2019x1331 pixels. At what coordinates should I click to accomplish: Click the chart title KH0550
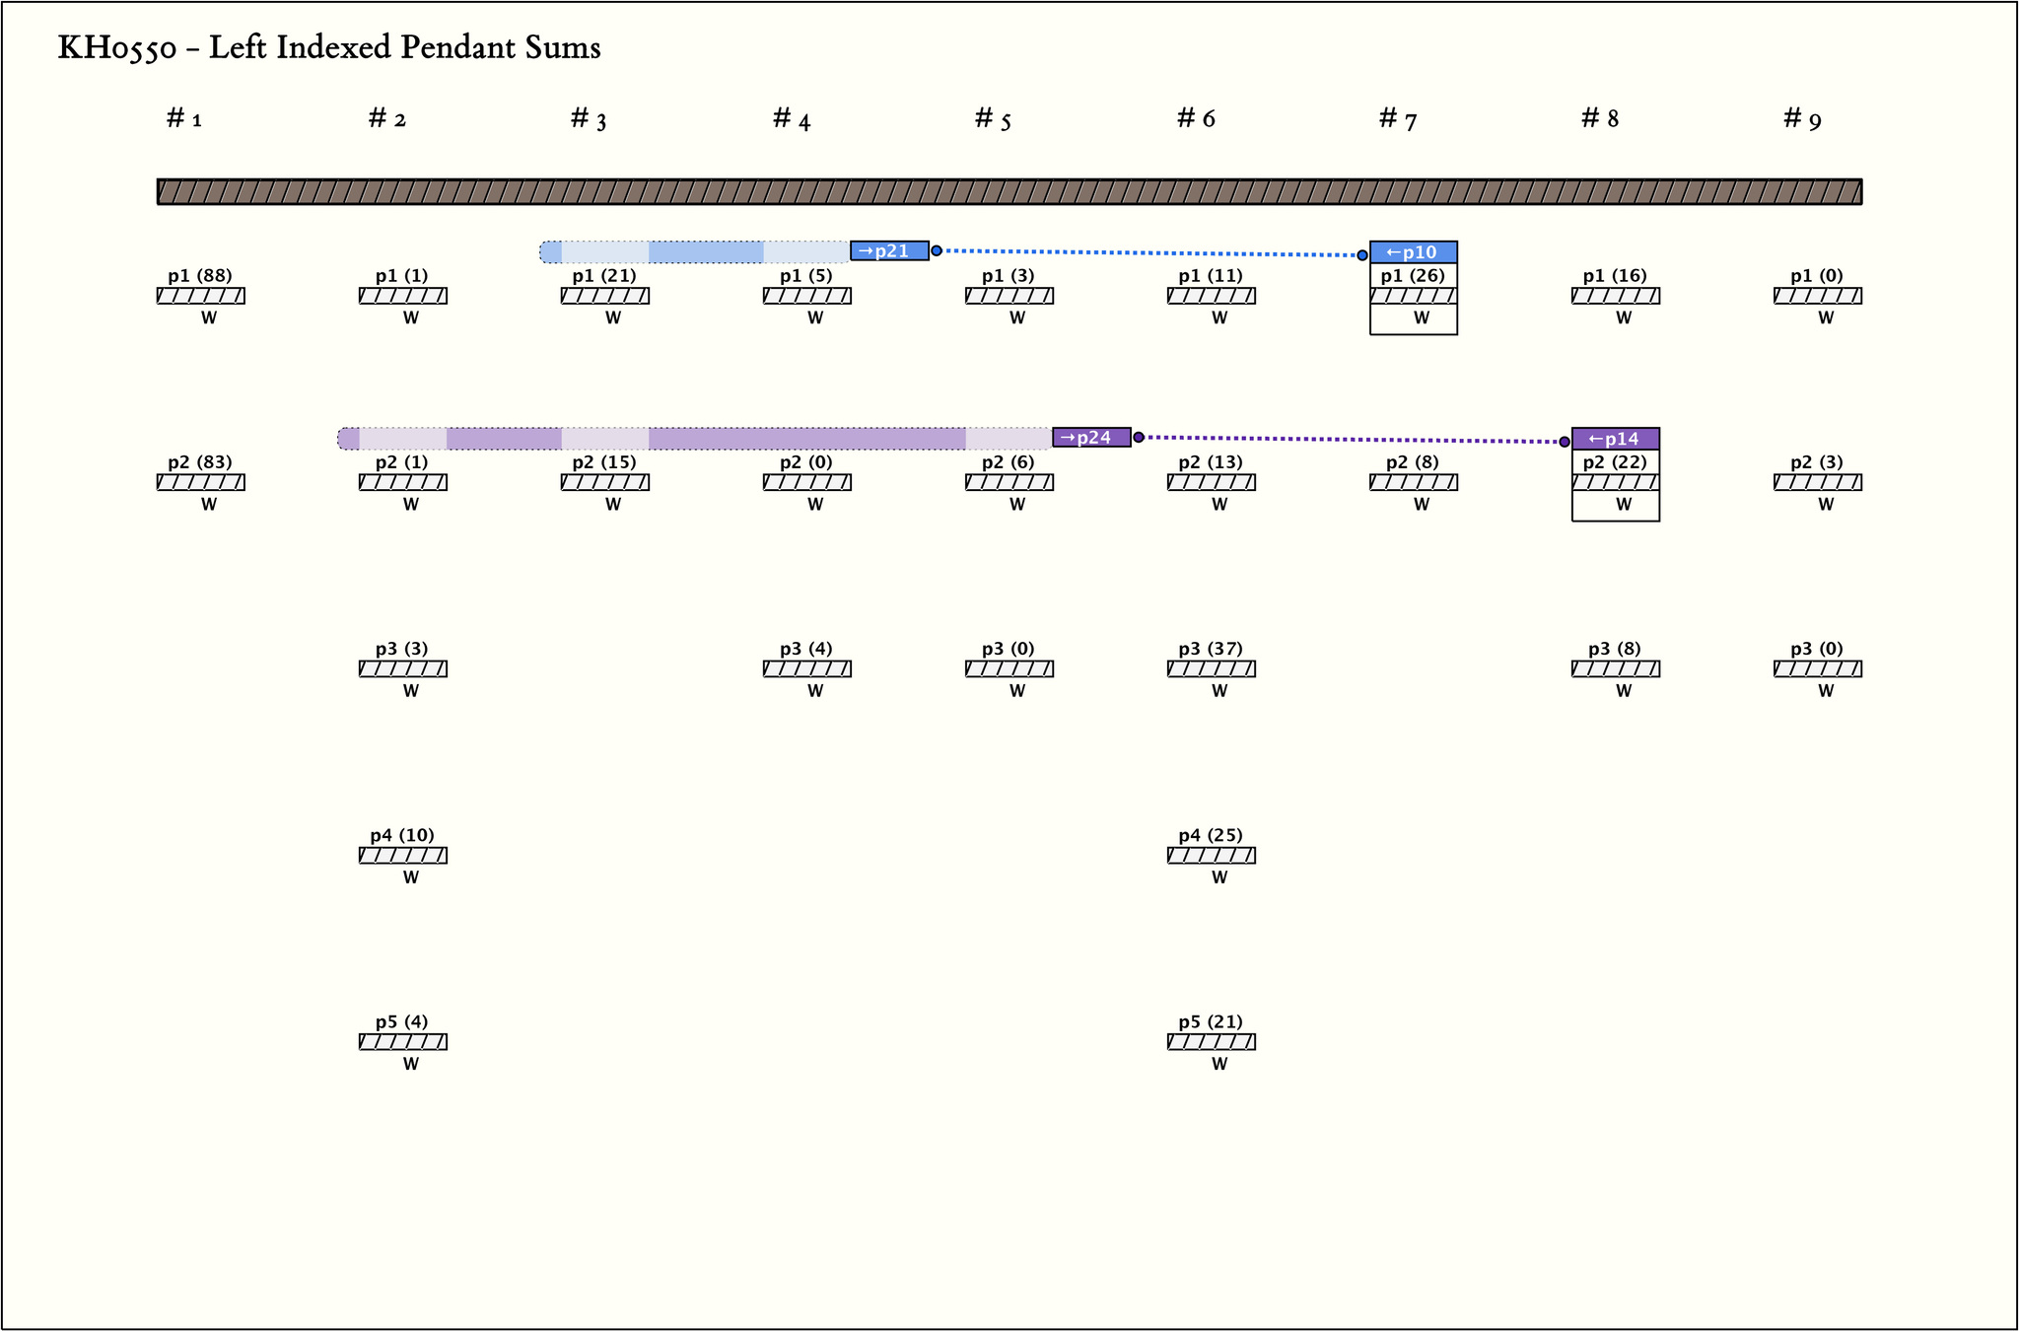point(328,47)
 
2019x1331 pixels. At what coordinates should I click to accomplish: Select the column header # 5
point(993,119)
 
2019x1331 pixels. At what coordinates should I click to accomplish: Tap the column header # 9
point(1802,119)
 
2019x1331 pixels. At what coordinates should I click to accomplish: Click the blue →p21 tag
point(889,250)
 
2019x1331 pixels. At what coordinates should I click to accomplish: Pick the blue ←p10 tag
point(1413,252)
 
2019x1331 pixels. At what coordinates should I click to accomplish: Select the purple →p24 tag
point(1091,438)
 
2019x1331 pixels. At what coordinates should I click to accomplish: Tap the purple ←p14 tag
point(1615,439)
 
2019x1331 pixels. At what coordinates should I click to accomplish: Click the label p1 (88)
point(200,276)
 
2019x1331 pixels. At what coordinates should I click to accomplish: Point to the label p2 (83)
point(200,462)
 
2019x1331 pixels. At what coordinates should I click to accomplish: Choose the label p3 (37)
point(1211,649)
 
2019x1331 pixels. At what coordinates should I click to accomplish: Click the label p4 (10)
point(402,835)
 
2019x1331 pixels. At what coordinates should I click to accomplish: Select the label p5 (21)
point(1211,1021)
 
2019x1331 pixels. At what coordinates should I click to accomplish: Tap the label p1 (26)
point(1413,276)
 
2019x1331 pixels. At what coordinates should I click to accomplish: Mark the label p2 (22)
point(1615,462)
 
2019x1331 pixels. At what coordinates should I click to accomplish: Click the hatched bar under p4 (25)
point(1211,855)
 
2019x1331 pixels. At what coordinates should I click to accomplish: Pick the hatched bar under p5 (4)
point(402,1041)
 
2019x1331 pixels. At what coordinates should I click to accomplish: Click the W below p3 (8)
point(1624,691)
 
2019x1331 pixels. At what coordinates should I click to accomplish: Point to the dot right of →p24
point(1139,437)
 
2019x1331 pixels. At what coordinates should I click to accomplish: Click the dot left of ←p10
point(1362,255)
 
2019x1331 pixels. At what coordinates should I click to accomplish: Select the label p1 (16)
point(1615,276)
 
